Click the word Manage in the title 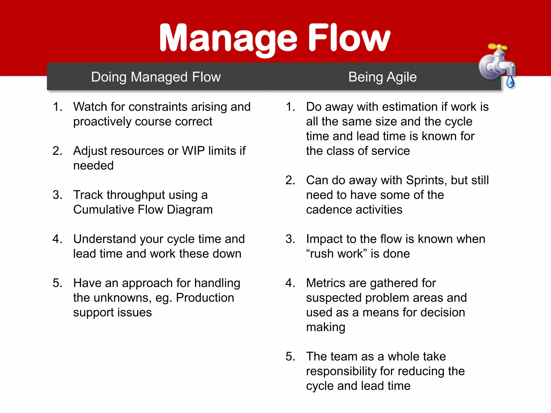pos(228,38)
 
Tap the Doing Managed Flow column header pos(156,77)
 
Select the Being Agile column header pos(382,77)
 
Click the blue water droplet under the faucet pos(510,82)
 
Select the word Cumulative pos(103,210)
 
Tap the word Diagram pos(190,210)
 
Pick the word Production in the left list pos(205,298)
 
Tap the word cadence pos(329,210)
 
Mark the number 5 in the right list pos(289,357)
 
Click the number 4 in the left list pos(56,239)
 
